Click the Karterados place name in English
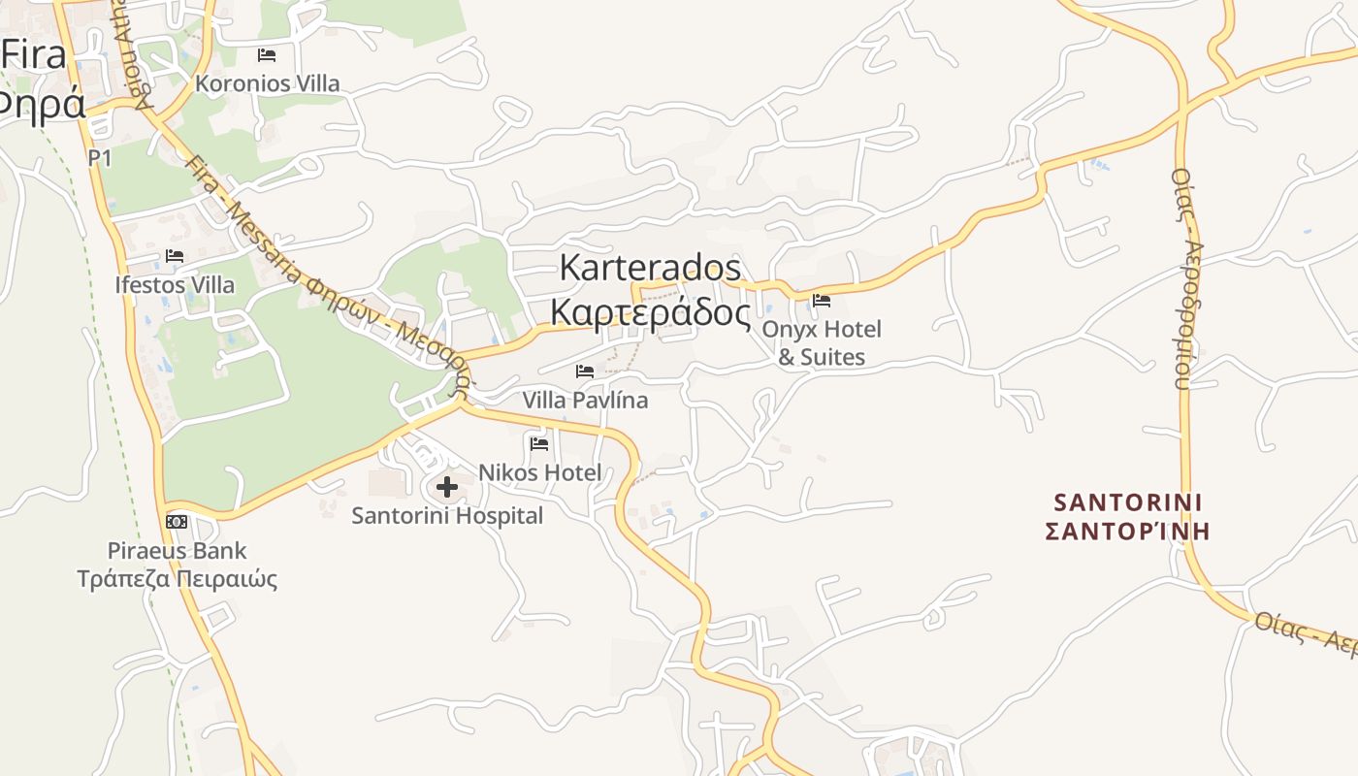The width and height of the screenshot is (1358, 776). (651, 268)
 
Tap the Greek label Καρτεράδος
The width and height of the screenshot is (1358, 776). (651, 312)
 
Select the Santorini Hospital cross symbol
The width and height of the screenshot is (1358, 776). (447, 486)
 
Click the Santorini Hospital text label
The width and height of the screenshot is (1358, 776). (447, 515)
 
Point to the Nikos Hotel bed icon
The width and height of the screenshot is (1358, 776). (540, 444)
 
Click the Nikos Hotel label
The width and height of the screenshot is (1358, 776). (540, 472)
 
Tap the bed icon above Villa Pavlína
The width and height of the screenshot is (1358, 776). (585, 372)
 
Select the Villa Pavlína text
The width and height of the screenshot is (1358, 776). (585, 400)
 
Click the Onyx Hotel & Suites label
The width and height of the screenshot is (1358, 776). (822, 342)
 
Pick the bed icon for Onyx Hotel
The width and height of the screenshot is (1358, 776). (822, 300)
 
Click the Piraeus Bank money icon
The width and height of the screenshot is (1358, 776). (177, 522)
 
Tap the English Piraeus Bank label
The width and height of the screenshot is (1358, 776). (177, 551)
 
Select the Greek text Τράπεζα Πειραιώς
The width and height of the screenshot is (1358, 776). (178, 580)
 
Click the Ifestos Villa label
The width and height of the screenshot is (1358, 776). (175, 285)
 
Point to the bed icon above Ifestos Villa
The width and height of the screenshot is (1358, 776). (175, 256)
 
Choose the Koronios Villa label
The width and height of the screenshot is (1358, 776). (268, 83)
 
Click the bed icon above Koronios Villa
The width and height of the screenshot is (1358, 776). (267, 55)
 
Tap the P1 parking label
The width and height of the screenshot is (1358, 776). (99, 157)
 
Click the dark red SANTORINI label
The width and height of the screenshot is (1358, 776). (1127, 502)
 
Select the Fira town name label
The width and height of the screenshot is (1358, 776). (33, 54)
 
